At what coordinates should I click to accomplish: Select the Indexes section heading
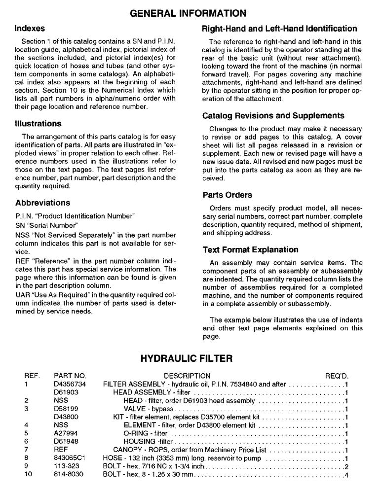point(30,29)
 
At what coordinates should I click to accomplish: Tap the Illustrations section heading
point(38,124)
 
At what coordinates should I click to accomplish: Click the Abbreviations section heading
point(42,203)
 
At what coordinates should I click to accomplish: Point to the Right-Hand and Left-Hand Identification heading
point(280,29)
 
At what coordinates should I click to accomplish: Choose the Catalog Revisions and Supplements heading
point(273,116)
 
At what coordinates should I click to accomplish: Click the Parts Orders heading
point(227,195)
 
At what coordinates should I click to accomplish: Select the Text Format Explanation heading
point(250,250)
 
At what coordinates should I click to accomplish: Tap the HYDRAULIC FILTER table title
point(190,357)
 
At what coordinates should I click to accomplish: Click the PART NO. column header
point(70,376)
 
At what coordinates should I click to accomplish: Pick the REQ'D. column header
point(337,376)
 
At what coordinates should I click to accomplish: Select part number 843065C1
point(70,458)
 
